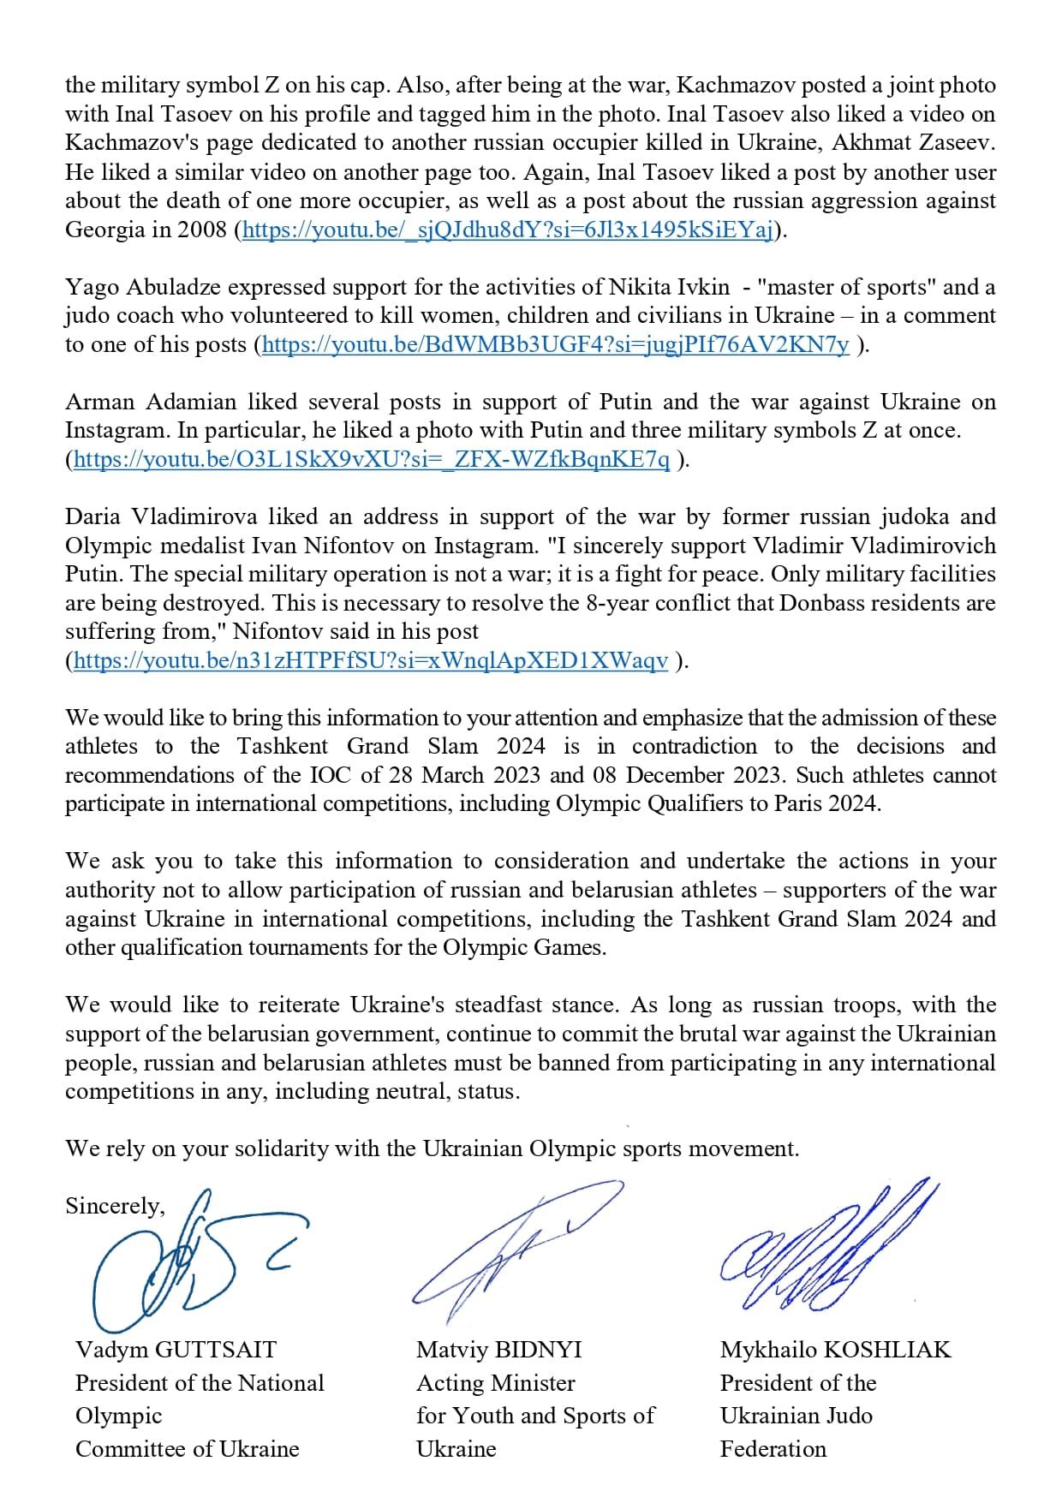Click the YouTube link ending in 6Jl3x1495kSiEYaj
pyautogui.click(x=509, y=230)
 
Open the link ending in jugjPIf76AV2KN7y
pyautogui.click(x=556, y=345)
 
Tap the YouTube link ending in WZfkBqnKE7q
pyautogui.click(x=372, y=460)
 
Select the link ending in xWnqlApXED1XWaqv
pyautogui.click(x=371, y=661)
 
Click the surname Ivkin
pyautogui.click(x=701, y=288)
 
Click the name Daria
pyautogui.click(x=94, y=517)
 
